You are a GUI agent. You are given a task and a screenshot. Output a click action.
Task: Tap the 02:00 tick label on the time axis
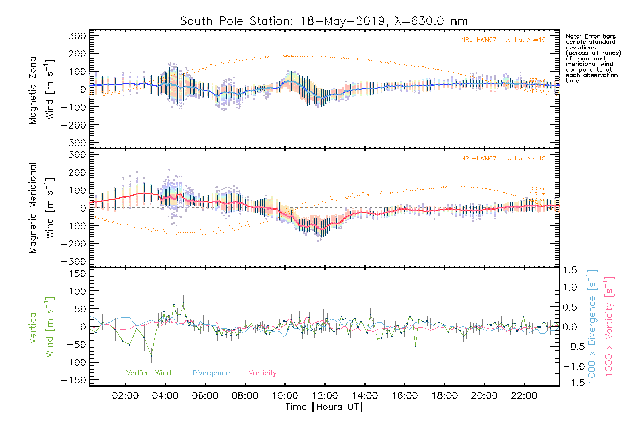pyautogui.click(x=125, y=396)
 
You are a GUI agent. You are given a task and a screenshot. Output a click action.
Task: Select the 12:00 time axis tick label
pyautogui.click(x=325, y=396)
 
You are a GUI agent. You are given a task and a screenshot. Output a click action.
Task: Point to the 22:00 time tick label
pyautogui.click(x=524, y=396)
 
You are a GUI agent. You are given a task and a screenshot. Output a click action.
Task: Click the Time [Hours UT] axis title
pyautogui.click(x=324, y=407)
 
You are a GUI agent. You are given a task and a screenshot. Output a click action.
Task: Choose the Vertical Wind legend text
pyautogui.click(x=148, y=373)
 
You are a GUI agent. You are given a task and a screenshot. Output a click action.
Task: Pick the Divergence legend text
pyautogui.click(x=211, y=373)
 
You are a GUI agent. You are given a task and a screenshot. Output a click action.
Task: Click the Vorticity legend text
pyautogui.click(x=262, y=373)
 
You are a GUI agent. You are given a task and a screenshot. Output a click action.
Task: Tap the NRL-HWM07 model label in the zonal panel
pyautogui.click(x=503, y=40)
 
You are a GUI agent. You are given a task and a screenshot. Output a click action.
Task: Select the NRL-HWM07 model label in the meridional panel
pyautogui.click(x=503, y=159)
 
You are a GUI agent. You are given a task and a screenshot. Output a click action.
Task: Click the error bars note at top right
pyautogui.click(x=593, y=58)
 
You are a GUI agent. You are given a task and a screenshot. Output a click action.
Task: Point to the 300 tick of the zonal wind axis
pyautogui.click(x=77, y=36)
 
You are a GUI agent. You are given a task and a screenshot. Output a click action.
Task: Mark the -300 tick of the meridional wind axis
pyautogui.click(x=74, y=261)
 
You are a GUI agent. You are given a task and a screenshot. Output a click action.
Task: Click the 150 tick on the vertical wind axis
pyautogui.click(x=77, y=273)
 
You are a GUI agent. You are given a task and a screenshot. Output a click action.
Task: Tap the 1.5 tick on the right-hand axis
pyautogui.click(x=570, y=270)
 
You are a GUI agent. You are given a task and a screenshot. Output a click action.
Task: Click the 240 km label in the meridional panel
pyautogui.click(x=537, y=194)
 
